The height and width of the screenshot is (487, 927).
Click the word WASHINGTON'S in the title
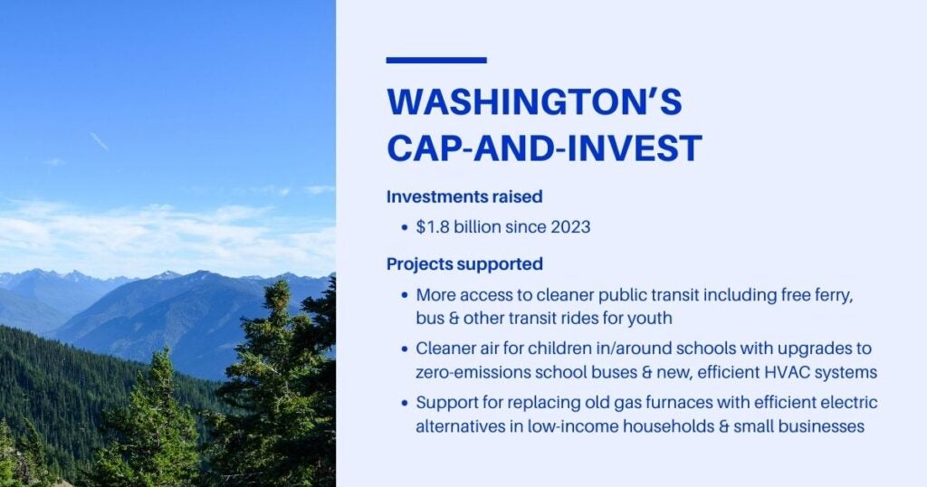click(534, 103)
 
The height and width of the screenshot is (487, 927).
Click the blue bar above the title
click(436, 61)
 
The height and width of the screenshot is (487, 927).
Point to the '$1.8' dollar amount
click(432, 227)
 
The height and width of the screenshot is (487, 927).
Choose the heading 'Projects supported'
click(464, 264)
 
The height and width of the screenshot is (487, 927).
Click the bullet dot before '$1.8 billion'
click(404, 228)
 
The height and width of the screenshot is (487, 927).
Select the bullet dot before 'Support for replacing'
click(404, 403)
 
